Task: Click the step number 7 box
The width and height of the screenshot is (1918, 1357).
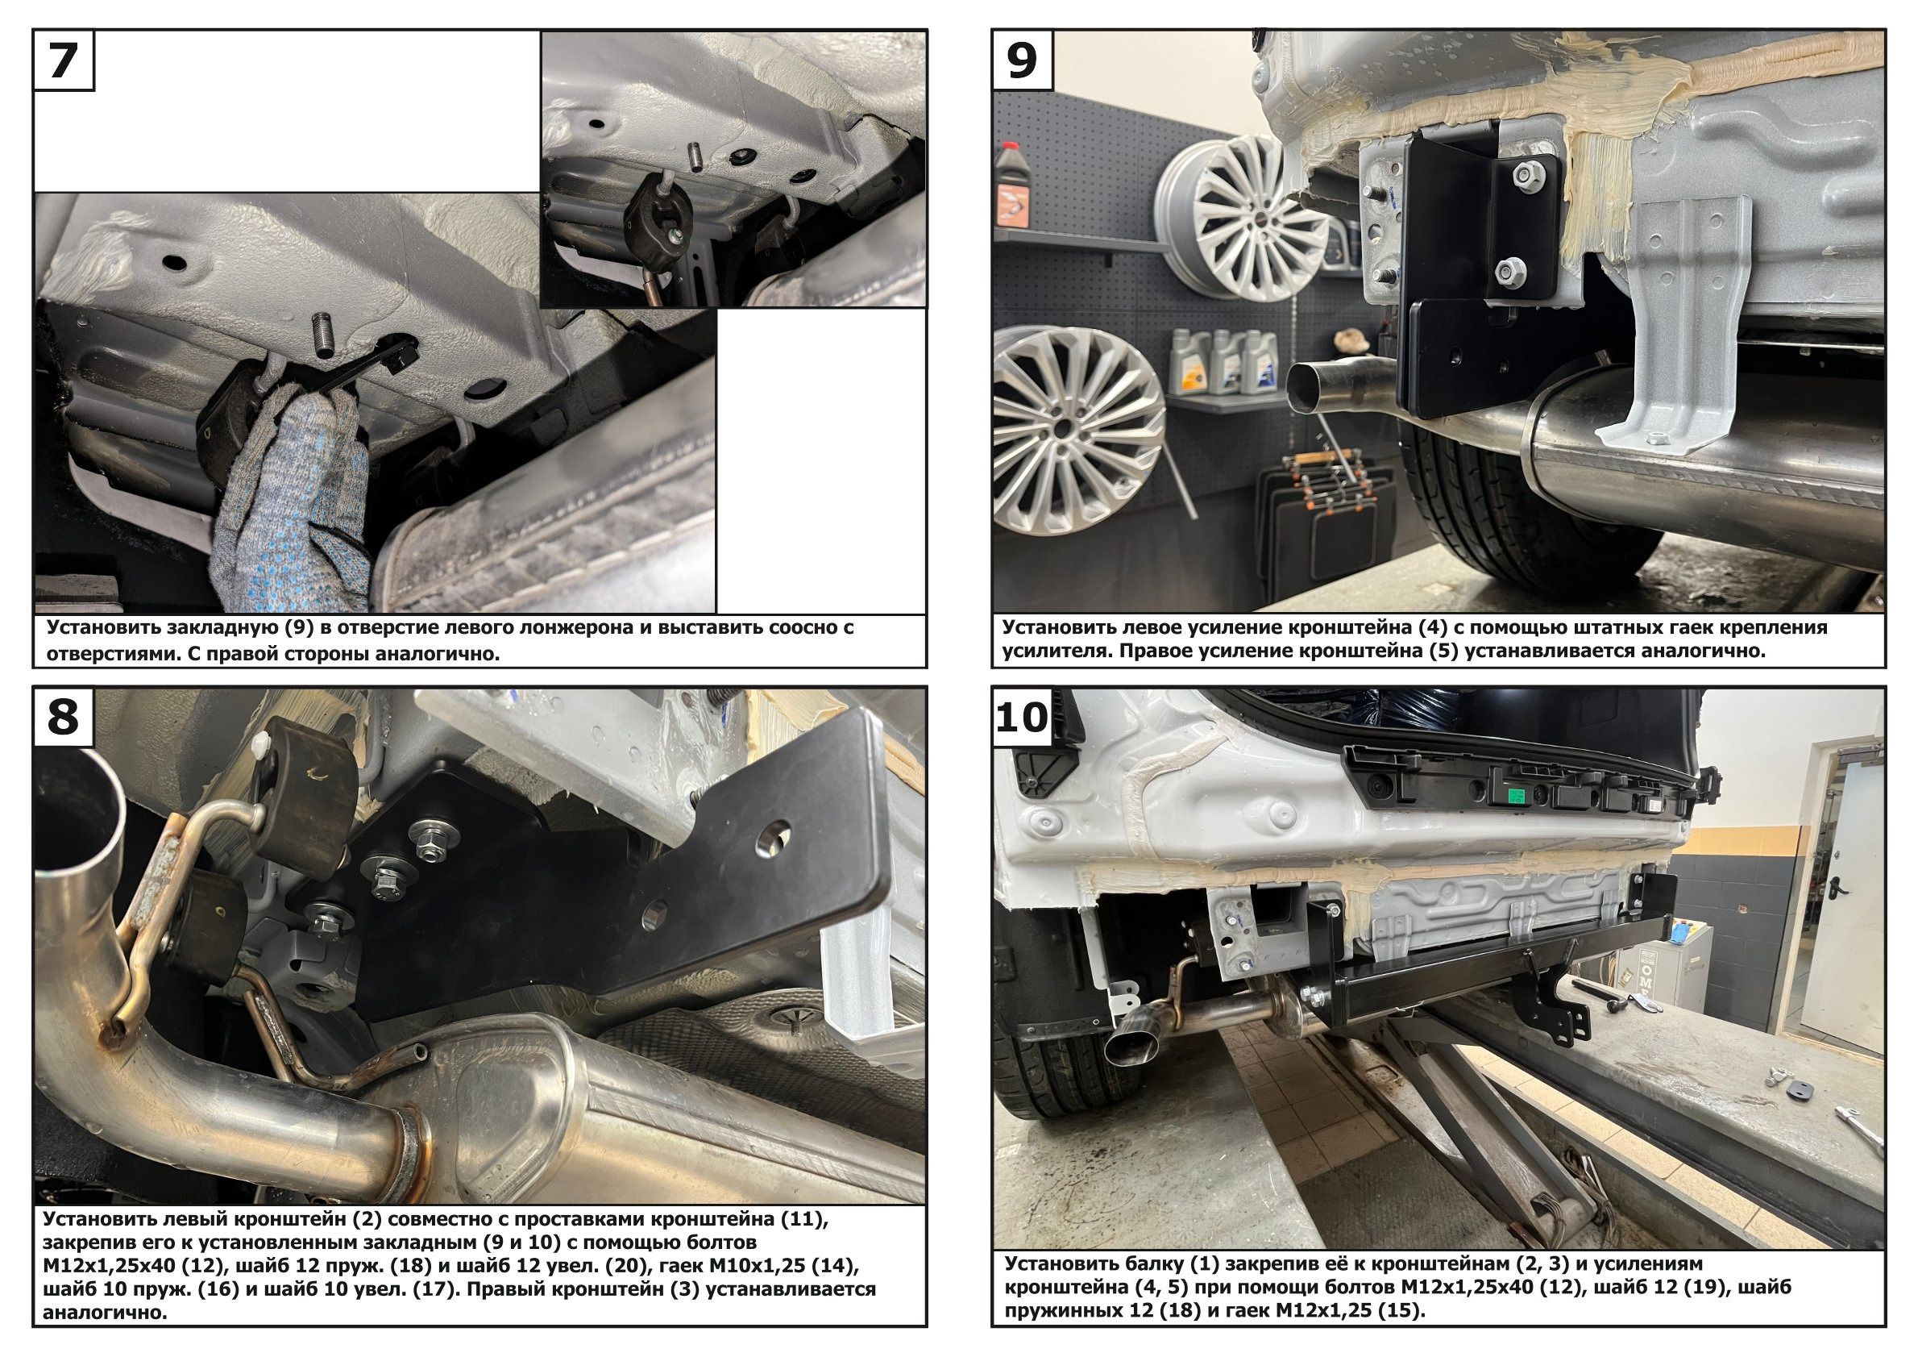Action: [x=64, y=61]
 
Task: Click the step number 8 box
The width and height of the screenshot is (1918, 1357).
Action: [x=64, y=718]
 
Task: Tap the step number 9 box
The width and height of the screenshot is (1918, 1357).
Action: [x=1023, y=61]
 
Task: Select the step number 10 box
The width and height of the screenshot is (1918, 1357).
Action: [x=1023, y=718]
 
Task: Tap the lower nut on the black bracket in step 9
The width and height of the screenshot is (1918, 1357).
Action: [x=1507, y=270]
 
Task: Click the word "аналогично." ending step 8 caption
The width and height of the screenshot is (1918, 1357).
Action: [x=106, y=1313]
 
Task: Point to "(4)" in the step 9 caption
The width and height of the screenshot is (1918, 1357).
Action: [x=1348, y=627]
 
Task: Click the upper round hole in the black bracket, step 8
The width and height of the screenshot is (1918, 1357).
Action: [x=774, y=835]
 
